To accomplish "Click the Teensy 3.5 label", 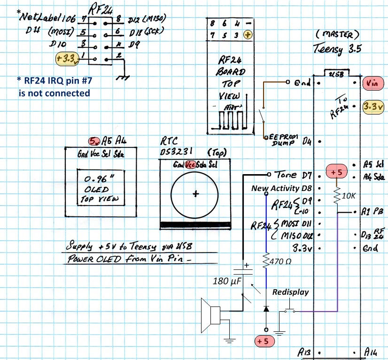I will [337, 49].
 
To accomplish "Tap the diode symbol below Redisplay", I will [266, 309].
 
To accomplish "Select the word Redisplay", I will [290, 292].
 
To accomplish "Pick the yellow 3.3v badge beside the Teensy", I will [373, 107].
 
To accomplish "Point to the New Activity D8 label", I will [281, 189].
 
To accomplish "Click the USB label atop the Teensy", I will [335, 73].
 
